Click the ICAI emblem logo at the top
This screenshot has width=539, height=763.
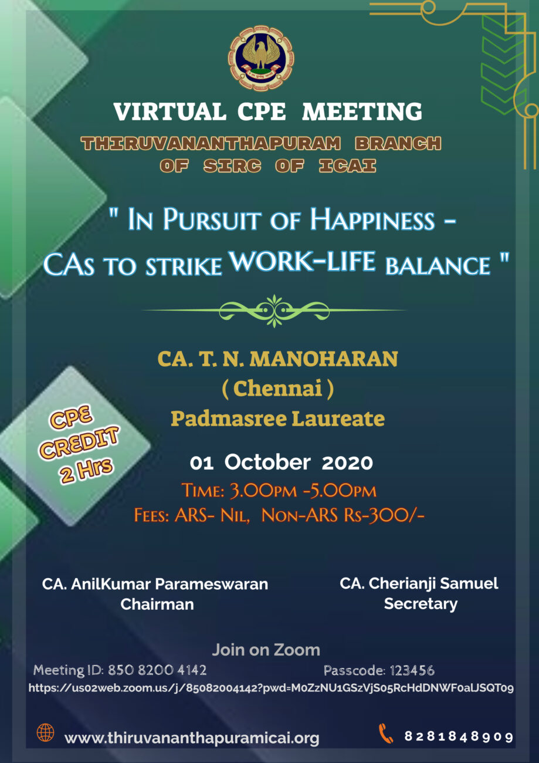pyautogui.click(x=261, y=58)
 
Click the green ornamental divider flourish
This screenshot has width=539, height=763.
pyautogui.click(x=273, y=309)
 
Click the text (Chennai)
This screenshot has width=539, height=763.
pyautogui.click(x=277, y=389)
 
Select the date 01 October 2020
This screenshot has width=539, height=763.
pyautogui.click(x=281, y=462)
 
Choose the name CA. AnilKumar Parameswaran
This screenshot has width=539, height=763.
pyautogui.click(x=155, y=584)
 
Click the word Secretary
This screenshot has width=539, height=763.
pyautogui.click(x=420, y=603)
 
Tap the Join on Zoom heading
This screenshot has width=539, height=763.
pyautogui.click(x=266, y=650)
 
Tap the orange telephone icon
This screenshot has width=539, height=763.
pyautogui.click(x=386, y=734)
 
